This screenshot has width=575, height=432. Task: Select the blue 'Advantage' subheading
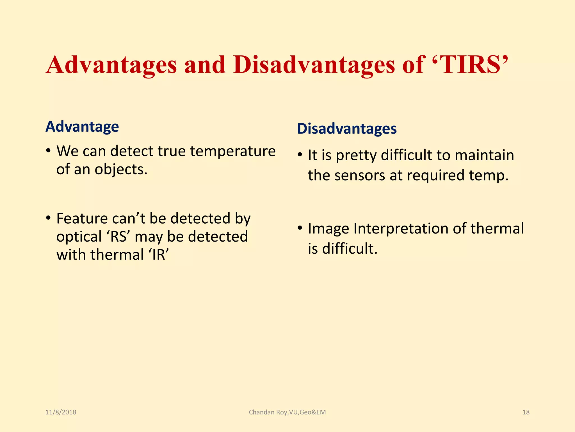click(82, 127)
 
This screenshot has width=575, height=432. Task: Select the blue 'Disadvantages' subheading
click(347, 129)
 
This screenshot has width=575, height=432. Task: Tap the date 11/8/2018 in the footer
click(61, 412)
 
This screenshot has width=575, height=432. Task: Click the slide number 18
click(526, 412)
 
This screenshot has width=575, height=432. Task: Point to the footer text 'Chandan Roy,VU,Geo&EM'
click(287, 412)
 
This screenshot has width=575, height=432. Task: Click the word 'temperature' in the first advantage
click(233, 151)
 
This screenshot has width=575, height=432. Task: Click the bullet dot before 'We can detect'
click(48, 151)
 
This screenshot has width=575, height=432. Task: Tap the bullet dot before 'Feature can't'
click(48, 218)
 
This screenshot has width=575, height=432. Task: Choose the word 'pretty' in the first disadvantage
click(356, 156)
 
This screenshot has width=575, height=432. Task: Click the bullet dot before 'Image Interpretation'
click(300, 228)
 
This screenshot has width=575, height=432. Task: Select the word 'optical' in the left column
click(79, 237)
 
